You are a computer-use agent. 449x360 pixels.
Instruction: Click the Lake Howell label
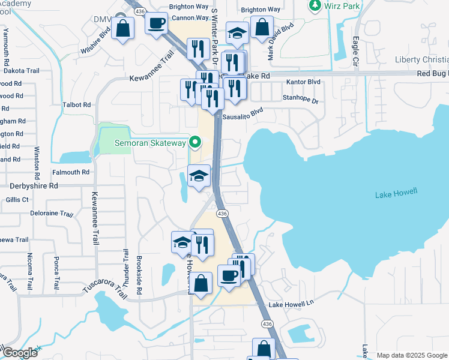point(396,194)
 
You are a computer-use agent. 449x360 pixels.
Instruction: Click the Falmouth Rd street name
point(71,172)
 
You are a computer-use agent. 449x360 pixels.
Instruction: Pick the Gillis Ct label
point(17,199)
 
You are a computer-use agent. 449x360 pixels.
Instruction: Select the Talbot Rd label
point(76,104)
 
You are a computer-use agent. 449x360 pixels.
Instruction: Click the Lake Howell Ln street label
point(291,305)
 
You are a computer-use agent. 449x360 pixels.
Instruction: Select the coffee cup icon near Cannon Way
point(157,24)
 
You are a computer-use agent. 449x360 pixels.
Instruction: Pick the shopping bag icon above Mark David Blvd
point(262,27)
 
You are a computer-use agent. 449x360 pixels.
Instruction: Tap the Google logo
point(19,353)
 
